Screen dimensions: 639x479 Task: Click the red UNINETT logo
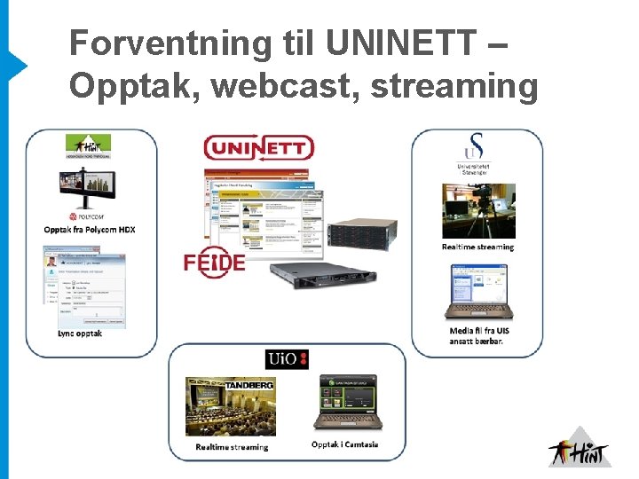point(258,147)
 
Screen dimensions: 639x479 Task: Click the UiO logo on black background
point(288,359)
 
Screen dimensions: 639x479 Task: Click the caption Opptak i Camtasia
point(344,444)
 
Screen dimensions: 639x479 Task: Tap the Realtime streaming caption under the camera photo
point(477,247)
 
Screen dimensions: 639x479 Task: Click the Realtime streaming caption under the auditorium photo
point(232,447)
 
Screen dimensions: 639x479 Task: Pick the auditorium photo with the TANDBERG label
point(230,406)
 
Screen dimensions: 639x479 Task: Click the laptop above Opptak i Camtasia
point(349,404)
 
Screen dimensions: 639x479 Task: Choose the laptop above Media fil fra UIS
point(477,293)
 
